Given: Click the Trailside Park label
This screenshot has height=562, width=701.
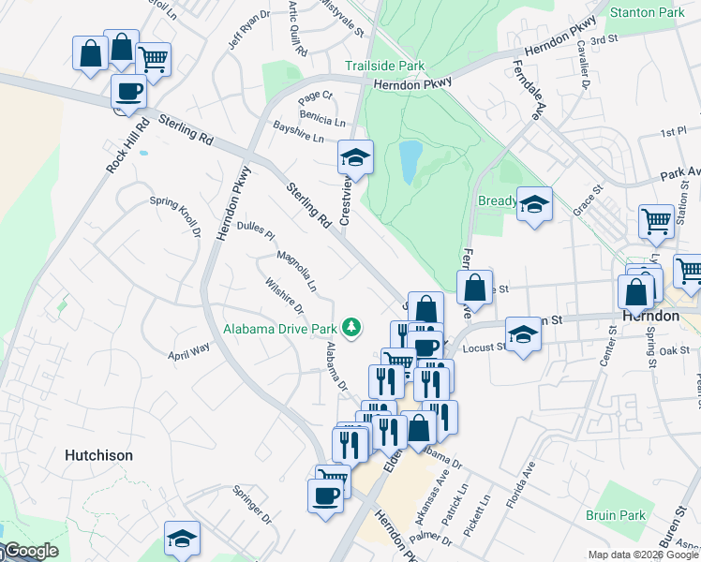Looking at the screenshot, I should tap(384, 67).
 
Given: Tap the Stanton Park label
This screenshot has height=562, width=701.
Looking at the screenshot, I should tap(647, 13).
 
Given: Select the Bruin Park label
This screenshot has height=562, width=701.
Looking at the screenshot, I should tap(616, 515).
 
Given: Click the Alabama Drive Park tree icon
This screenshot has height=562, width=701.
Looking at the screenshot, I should tap(351, 327).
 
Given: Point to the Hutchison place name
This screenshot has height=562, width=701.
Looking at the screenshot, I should tap(98, 455).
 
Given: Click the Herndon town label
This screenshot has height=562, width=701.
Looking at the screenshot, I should tap(649, 317).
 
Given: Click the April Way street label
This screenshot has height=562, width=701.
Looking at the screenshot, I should tap(189, 353).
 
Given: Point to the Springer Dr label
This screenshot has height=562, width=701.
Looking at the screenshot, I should tap(251, 504).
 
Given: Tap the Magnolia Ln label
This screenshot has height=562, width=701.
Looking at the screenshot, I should tap(296, 270).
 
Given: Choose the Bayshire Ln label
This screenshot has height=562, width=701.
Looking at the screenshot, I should tap(298, 131).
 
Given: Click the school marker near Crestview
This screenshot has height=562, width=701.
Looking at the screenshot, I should tap(356, 157).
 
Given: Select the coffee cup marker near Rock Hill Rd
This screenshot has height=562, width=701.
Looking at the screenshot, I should tap(128, 91).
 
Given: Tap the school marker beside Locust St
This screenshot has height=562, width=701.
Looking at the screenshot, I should tap(523, 333).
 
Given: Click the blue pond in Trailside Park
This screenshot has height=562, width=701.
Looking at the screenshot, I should tap(410, 162).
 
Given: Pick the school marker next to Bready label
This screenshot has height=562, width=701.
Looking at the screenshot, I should tap(534, 205).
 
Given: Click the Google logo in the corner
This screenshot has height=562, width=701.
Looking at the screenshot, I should tap(30, 551).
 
